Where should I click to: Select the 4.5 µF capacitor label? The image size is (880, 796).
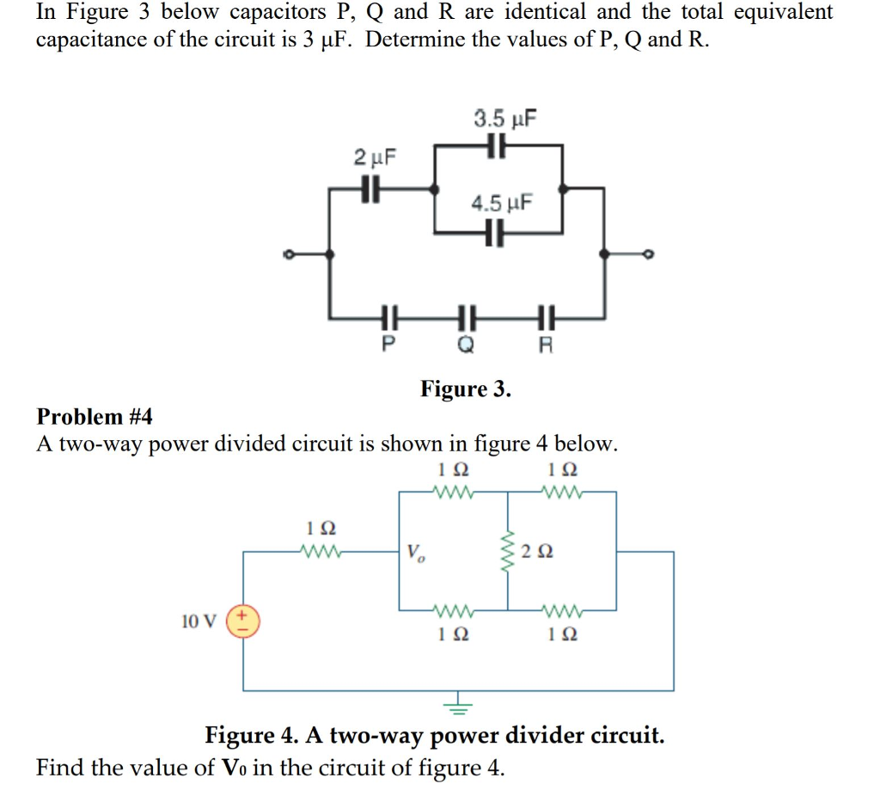click(x=501, y=204)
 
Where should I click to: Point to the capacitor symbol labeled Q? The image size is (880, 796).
click(x=466, y=318)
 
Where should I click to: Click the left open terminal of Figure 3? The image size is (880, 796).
click(x=290, y=254)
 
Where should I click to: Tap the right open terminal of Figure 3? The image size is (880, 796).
click(x=649, y=254)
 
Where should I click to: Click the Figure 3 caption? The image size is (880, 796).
click(x=465, y=389)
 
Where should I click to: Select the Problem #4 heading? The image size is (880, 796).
click(x=95, y=417)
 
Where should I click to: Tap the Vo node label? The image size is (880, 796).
click(x=414, y=551)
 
